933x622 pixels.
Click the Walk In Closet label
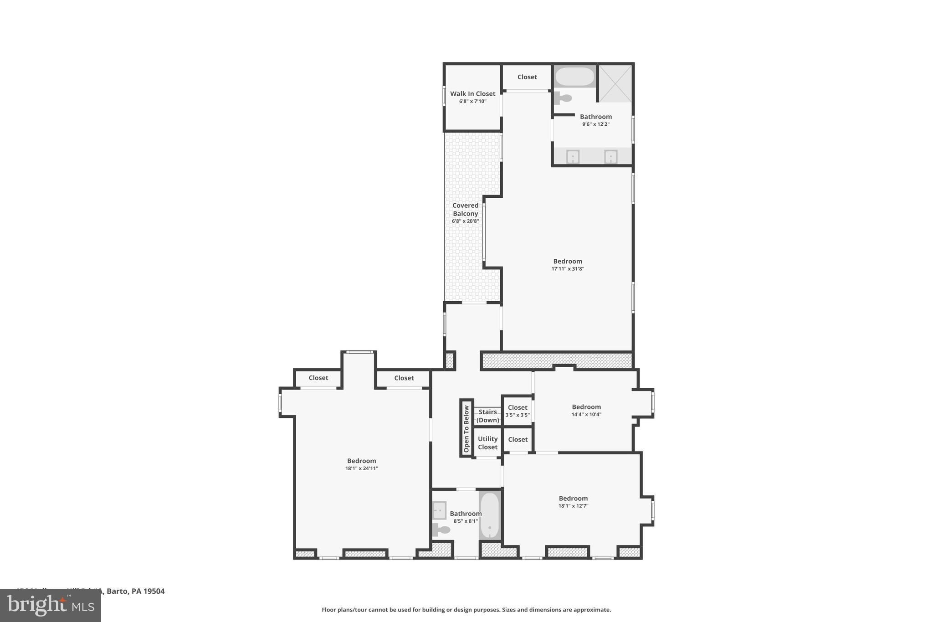472,94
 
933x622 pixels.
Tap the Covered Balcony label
465,210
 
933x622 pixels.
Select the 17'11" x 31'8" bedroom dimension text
568,269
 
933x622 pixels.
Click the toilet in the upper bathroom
564,98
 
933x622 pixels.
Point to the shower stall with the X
615,83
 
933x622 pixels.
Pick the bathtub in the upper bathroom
574,77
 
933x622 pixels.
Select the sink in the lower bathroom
439,510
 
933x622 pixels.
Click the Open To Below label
466,428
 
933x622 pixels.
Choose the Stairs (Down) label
487,416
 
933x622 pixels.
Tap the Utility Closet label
487,443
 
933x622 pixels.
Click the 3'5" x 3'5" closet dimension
518,415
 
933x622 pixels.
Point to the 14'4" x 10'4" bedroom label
586,407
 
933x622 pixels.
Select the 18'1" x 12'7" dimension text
574,506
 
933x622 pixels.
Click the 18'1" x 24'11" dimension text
362,468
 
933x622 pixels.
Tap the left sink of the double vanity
573,157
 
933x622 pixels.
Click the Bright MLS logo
51,606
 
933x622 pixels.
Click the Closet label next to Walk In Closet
527,77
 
